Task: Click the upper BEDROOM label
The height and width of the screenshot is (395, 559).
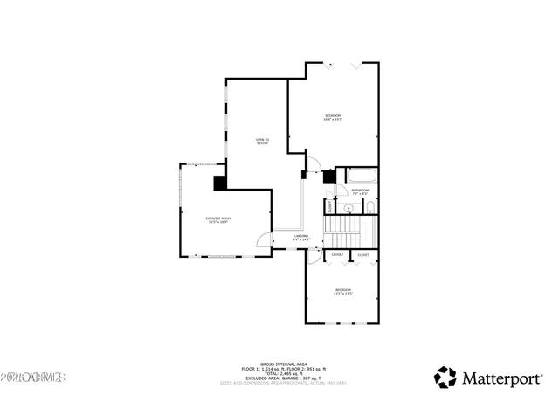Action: coord(333,117)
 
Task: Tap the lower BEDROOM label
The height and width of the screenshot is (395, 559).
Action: coord(343,291)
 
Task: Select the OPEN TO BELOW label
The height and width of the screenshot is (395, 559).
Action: coord(262,142)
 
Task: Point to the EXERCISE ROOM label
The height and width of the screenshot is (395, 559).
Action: coord(218,219)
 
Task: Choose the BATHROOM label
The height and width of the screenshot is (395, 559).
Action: coord(360,191)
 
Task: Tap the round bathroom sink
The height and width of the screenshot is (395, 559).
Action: coord(348,209)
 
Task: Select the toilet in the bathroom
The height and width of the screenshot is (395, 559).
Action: coord(370,207)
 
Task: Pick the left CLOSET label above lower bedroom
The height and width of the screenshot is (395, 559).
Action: coord(337,255)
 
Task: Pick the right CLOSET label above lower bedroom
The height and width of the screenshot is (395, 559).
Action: coord(363,255)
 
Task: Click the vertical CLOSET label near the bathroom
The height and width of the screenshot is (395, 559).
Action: coord(329,208)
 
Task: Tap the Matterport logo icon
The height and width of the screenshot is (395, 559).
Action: coord(445,377)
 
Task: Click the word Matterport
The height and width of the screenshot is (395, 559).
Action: coord(500,378)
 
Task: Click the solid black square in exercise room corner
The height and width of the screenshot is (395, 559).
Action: coord(220,183)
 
